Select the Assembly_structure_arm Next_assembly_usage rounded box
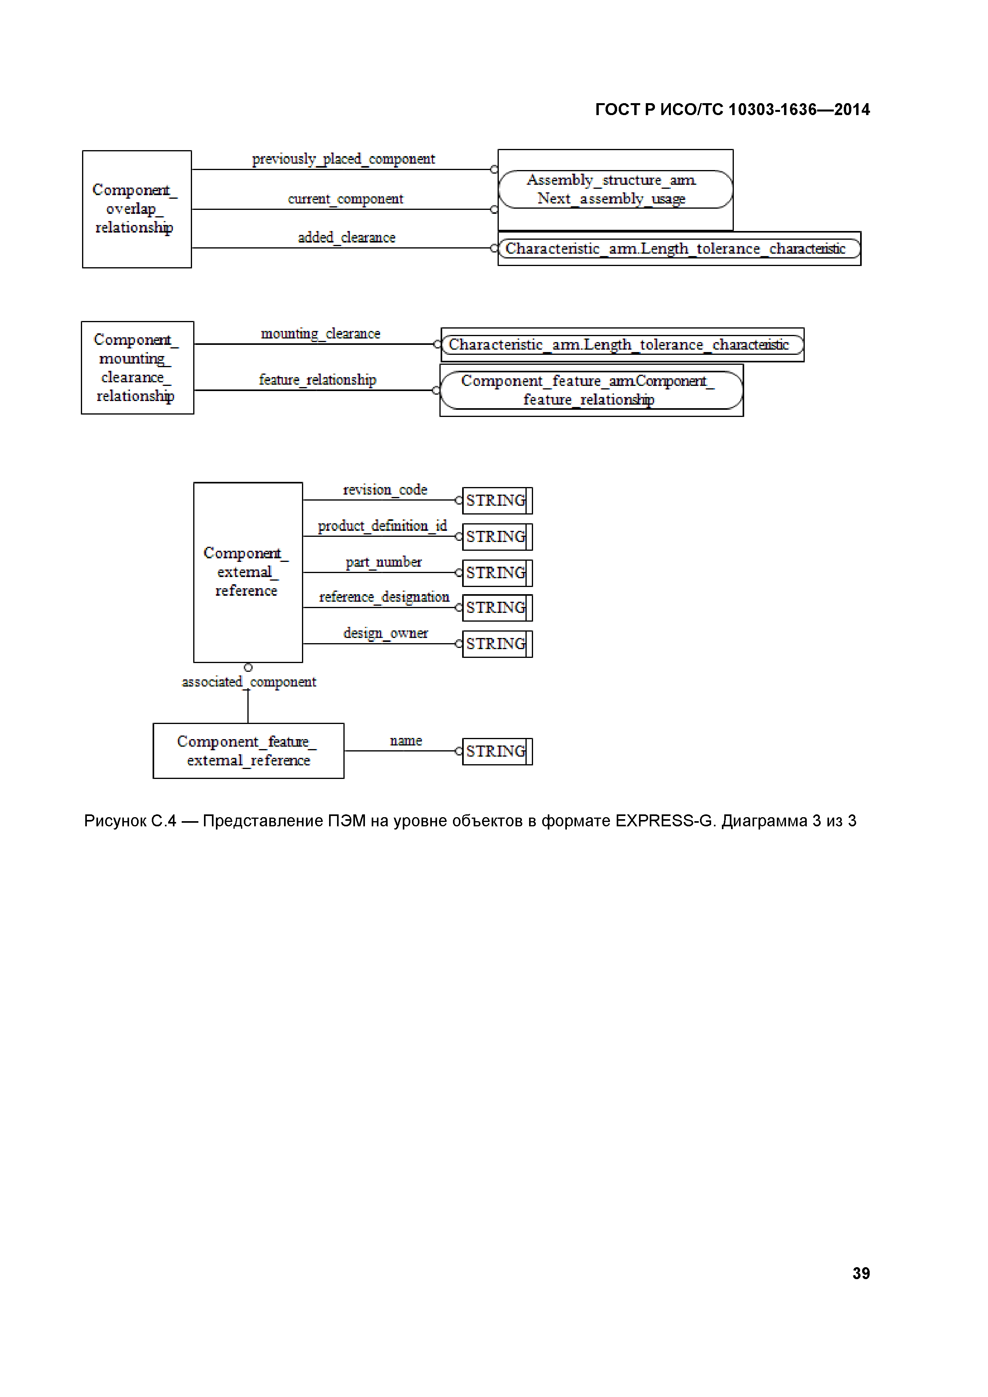[615, 189]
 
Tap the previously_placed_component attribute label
[343, 159]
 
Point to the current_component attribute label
[345, 199]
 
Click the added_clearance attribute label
[346, 237]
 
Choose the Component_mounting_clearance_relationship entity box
[137, 368]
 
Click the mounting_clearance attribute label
[320, 333]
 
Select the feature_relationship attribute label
[317, 380]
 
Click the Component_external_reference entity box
[248, 572]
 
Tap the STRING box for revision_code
[497, 500]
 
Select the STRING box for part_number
[497, 573]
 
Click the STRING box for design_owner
[497, 644]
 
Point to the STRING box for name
[497, 751]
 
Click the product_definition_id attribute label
[382, 526]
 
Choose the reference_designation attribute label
[384, 597]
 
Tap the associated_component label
[249, 682]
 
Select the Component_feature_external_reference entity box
[248, 751]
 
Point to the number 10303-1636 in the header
[772, 110]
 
